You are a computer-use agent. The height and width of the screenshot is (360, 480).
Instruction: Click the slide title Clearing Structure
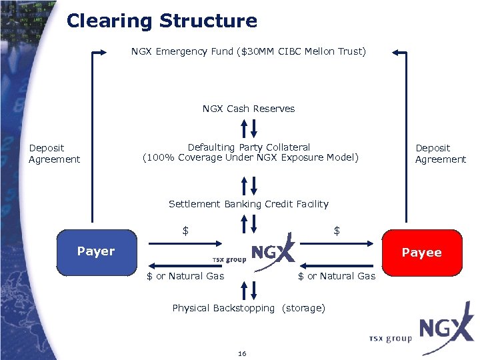(161, 21)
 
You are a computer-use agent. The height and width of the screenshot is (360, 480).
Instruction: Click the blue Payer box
(97, 252)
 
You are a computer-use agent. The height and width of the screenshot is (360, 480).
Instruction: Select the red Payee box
(421, 253)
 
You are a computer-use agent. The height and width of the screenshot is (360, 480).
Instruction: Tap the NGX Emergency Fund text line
(248, 51)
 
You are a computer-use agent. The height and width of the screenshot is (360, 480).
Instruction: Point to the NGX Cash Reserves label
(248, 109)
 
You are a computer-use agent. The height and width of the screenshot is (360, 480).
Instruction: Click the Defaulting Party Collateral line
(249, 147)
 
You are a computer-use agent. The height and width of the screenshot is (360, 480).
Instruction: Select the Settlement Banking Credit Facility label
(248, 204)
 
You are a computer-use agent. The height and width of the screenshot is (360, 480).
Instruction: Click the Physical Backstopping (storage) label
(248, 308)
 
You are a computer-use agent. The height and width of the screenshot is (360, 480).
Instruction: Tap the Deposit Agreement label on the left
(54, 153)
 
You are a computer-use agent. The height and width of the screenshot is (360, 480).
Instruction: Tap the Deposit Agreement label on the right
(441, 153)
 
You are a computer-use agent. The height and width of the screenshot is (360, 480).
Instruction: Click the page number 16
(241, 353)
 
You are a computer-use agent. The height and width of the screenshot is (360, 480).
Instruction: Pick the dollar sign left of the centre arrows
(186, 231)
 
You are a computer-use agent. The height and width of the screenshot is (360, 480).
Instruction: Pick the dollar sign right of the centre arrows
(337, 231)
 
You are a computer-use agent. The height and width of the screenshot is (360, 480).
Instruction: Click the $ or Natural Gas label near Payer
(185, 276)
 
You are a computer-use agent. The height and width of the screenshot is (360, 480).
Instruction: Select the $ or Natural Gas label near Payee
(337, 276)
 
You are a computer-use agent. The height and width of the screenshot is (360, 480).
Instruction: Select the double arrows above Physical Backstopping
(248, 291)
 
